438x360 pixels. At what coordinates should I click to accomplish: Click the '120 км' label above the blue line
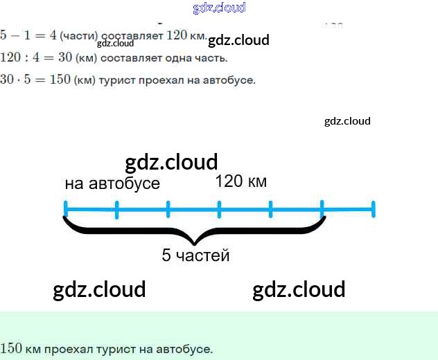[240, 181]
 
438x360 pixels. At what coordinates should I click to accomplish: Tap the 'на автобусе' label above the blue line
[112, 183]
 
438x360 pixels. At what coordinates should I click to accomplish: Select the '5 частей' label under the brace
[195, 255]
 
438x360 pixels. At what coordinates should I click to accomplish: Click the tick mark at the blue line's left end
[65, 208]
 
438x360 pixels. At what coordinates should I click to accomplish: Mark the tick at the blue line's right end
[373, 208]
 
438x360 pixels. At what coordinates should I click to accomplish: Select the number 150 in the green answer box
[11, 348]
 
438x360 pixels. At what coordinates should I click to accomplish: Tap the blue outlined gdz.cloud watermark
[219, 8]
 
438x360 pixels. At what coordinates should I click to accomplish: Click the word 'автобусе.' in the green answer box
[187, 348]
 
